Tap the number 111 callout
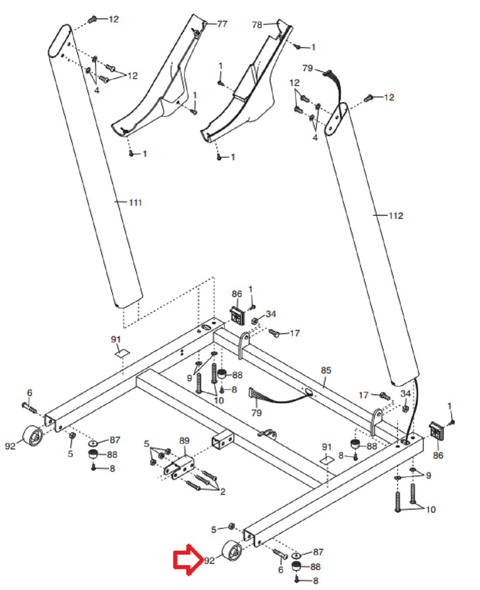tap(135, 203)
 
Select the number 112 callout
tap(396, 216)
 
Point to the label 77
tap(222, 24)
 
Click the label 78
tap(257, 25)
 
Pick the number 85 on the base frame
tap(326, 370)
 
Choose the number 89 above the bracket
tap(184, 441)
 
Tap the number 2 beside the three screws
tap(223, 492)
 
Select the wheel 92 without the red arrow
tap(33, 438)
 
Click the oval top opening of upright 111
tap(60, 41)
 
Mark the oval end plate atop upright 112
tap(336, 119)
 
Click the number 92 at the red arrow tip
tap(209, 561)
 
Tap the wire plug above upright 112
tap(327, 73)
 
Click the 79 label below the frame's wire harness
tap(256, 413)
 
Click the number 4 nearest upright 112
tap(315, 138)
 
